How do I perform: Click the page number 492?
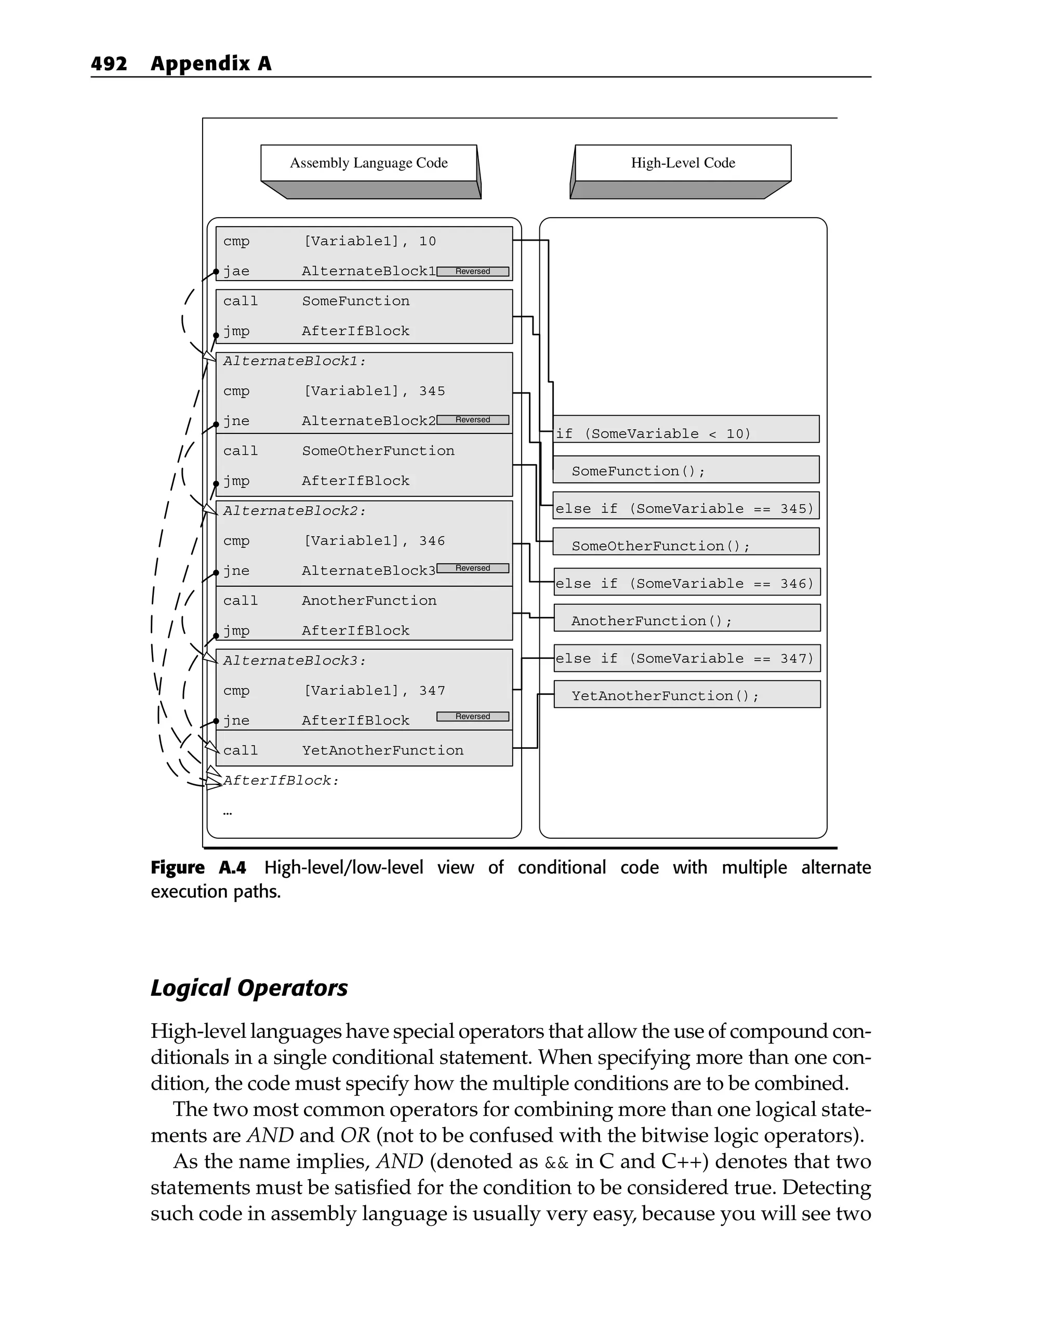109,64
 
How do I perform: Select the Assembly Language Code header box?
369,163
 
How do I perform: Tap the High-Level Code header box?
683,163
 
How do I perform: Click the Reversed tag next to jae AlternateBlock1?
473,272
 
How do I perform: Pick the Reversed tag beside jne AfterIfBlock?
473,717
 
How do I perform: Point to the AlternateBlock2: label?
295,511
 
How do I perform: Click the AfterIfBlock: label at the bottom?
282,781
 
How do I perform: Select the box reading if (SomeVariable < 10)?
685,430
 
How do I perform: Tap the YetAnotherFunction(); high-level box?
687,695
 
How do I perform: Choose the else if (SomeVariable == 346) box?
687,583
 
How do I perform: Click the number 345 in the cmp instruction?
432,391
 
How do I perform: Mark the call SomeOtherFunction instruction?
339,451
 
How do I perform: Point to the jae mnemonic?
236,272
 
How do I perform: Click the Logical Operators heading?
249,988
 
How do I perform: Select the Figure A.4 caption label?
198,868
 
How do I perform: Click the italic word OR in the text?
355,1136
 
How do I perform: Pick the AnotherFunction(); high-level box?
687,619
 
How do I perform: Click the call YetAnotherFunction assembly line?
343,750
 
